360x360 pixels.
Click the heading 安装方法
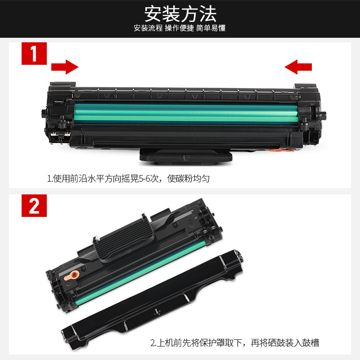(180, 14)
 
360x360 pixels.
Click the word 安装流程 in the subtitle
(148, 28)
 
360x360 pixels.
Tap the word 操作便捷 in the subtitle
(179, 28)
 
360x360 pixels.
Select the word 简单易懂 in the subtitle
(211, 28)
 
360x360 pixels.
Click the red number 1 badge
(34, 54)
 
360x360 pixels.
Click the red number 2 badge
(34, 206)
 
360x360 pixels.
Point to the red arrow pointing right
(65, 67)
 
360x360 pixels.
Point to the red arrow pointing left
(298, 67)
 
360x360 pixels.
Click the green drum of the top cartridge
(186, 113)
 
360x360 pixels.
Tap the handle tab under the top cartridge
(186, 157)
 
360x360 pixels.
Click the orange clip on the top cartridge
(281, 150)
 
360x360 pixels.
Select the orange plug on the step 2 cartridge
(72, 275)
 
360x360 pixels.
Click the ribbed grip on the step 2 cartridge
(124, 240)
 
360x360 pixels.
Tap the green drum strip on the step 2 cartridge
(140, 273)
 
